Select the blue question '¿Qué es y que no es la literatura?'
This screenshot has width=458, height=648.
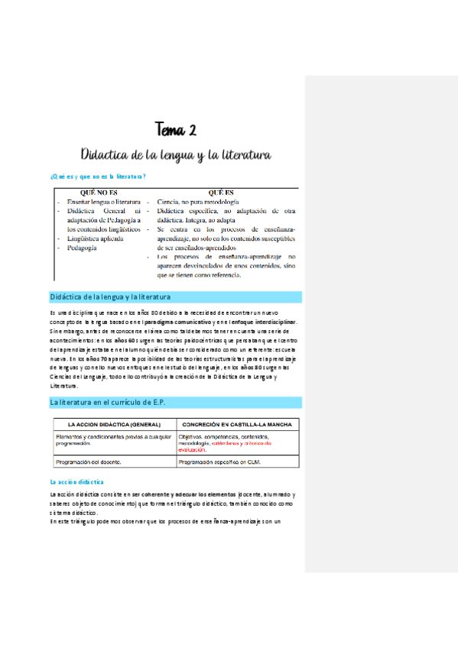click(98, 177)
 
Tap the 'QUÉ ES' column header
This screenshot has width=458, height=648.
click(219, 193)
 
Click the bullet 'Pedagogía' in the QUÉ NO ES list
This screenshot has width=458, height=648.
click(82, 248)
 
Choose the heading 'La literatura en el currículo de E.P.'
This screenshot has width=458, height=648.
click(108, 402)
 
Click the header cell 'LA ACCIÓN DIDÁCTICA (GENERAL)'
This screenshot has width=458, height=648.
click(114, 424)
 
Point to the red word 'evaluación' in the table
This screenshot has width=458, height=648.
click(197, 450)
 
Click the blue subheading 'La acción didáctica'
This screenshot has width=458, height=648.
click(76, 482)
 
